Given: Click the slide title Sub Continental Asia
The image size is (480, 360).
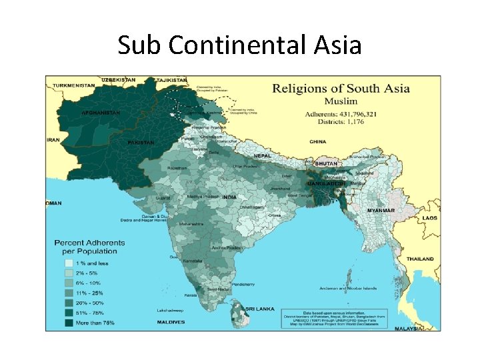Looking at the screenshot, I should (x=240, y=45).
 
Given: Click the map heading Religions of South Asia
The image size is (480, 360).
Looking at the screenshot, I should (x=341, y=88).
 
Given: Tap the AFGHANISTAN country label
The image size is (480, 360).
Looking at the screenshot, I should (x=101, y=113).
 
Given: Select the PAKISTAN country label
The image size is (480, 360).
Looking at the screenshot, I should (x=141, y=143).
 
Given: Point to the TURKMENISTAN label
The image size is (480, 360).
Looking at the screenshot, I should (x=75, y=85).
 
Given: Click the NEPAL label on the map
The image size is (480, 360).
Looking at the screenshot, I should (x=262, y=156).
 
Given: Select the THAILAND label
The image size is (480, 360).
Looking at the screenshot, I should (x=421, y=259).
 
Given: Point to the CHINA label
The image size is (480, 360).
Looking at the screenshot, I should (x=317, y=141).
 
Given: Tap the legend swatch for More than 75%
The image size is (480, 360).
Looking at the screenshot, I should (x=69, y=323).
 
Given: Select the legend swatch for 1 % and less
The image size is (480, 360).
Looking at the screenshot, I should (x=69, y=263).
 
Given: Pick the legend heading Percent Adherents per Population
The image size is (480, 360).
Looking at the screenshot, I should (x=85, y=247).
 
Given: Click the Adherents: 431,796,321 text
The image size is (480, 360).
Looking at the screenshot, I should (x=341, y=114).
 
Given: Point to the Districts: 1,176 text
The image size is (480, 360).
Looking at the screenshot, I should (x=331, y=122).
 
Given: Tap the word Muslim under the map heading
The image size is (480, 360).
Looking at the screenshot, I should (x=341, y=101).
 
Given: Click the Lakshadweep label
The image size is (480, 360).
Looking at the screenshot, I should (x=171, y=310).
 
